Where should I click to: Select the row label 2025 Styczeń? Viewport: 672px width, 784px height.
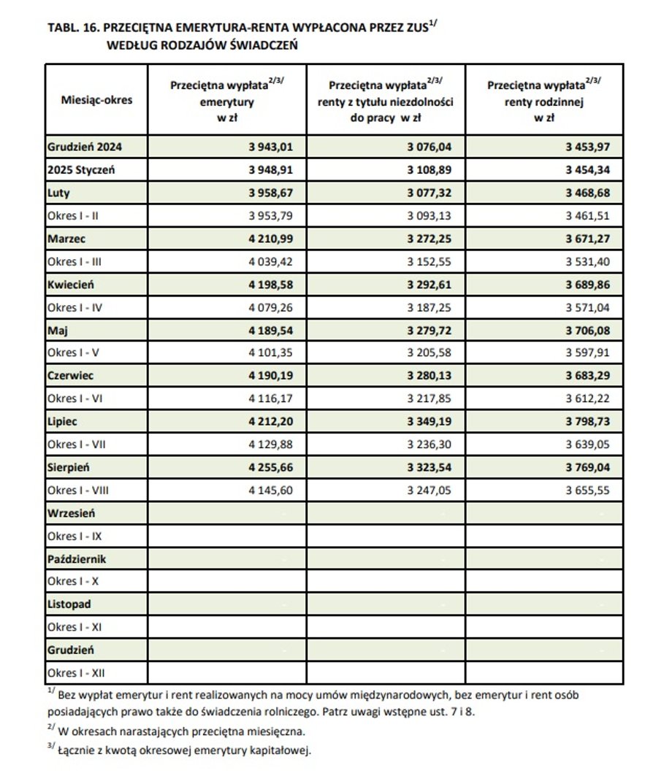pos(80,170)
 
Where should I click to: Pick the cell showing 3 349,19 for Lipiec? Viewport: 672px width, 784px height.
pos(429,421)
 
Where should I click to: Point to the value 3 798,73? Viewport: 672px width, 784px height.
pos(587,421)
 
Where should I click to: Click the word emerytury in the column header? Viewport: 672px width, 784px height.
pos(226,102)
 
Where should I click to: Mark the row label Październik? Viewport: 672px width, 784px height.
pos(77,559)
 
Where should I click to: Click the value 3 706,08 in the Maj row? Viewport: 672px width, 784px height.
pos(587,330)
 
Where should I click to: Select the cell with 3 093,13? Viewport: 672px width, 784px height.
pos(429,216)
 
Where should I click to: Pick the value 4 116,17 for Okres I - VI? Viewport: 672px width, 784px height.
pos(270,399)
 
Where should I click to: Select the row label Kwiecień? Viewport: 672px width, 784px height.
pos(71,285)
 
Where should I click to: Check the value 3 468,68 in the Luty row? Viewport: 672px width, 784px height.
pos(587,193)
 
